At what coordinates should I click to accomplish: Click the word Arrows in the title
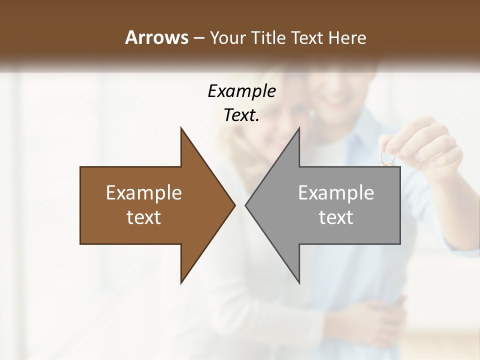tap(156, 37)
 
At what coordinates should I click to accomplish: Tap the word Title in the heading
tap(268, 37)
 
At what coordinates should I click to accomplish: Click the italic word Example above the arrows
tap(241, 91)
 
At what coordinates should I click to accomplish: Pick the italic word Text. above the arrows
tap(241, 115)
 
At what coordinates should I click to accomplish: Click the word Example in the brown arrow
tap(143, 193)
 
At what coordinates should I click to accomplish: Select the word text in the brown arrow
tap(143, 217)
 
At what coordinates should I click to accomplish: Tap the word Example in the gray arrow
tap(336, 193)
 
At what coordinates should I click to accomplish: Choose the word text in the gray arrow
tap(336, 217)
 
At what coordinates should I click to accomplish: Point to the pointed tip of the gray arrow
tap(246, 205)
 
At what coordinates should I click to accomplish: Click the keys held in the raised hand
tap(387, 156)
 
